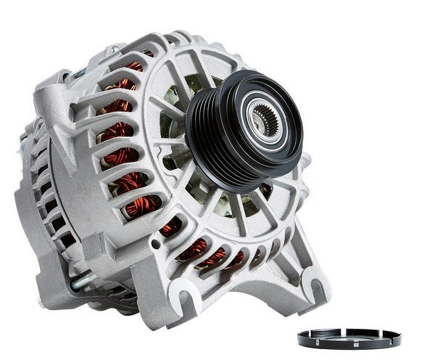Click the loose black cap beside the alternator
349,337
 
